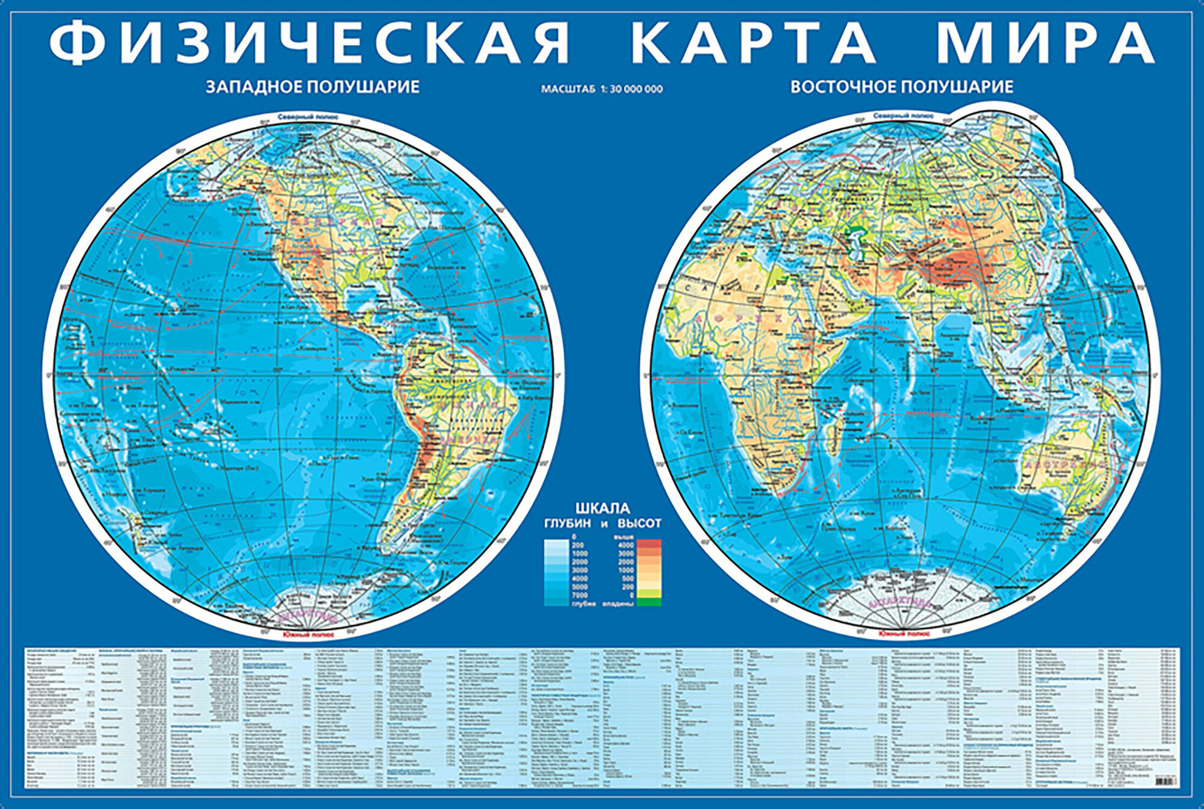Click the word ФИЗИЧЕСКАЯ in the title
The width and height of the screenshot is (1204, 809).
(x=309, y=43)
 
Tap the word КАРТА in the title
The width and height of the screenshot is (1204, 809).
(x=752, y=43)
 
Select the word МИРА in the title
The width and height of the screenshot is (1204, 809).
(x=1045, y=43)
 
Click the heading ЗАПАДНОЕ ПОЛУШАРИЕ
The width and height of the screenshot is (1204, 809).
(x=312, y=87)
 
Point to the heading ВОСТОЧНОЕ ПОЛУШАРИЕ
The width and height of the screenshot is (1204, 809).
(x=902, y=87)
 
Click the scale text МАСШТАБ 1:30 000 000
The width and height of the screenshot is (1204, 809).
(x=601, y=89)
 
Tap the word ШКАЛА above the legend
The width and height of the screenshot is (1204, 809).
(x=603, y=508)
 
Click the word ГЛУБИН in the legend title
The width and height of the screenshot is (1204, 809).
(x=568, y=523)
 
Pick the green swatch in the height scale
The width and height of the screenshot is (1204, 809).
(x=648, y=601)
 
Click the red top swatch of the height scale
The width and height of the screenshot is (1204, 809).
(x=648, y=544)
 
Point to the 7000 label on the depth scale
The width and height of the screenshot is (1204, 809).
(x=580, y=595)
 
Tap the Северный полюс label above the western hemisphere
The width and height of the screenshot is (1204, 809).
(x=308, y=117)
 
